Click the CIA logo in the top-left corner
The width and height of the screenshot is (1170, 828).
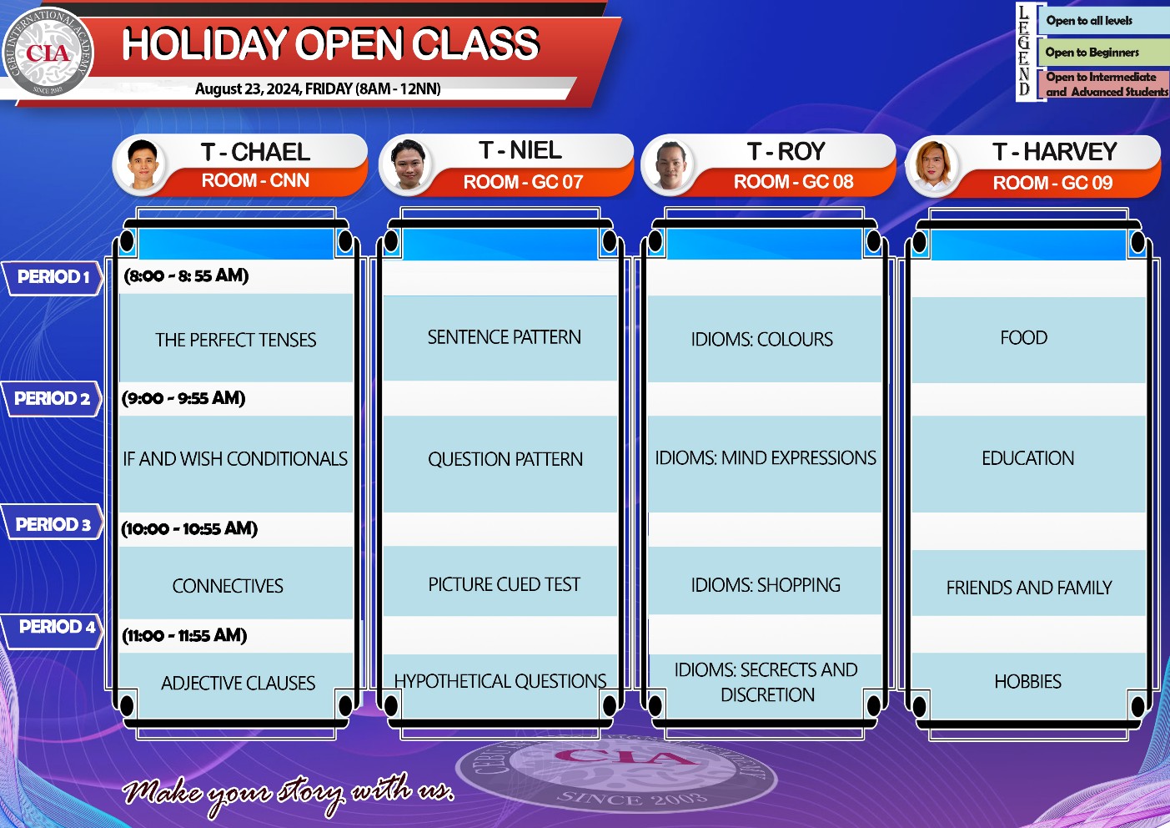(48, 53)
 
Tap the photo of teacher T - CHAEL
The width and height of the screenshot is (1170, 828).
(142, 164)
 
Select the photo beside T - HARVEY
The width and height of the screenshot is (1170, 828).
(933, 166)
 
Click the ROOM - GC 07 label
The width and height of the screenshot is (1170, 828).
(523, 182)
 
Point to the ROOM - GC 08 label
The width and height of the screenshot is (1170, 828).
(793, 181)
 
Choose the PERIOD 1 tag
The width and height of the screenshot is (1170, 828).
(53, 277)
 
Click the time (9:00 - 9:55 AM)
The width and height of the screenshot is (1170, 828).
(183, 398)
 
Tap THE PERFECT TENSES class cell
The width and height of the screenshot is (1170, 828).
(235, 338)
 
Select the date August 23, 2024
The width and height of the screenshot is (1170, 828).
(249, 88)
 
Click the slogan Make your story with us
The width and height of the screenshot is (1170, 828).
(289, 793)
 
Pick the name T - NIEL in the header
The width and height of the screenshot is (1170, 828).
(520, 150)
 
